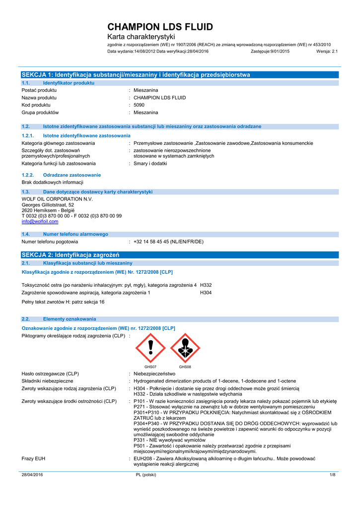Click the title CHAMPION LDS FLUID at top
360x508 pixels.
pos(160,27)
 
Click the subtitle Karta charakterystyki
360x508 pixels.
pos(142,37)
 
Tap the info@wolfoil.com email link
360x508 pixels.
pos(40,222)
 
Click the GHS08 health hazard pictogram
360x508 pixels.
pos(185,348)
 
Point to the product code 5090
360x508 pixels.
pos(139,105)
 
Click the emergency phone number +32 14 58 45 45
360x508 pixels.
pos(168,242)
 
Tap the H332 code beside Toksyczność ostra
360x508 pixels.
pos(206,285)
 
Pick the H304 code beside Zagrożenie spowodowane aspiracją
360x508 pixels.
pos(206,293)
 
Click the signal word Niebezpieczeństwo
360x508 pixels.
pos(154,374)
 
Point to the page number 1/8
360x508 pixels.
pos(333,475)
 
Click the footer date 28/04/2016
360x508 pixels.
pos(32,475)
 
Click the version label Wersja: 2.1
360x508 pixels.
pos(326,51)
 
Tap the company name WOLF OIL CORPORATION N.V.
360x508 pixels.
pos(57,199)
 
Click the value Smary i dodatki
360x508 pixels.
pos(150,163)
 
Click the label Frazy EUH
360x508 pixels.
pos(33,459)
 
